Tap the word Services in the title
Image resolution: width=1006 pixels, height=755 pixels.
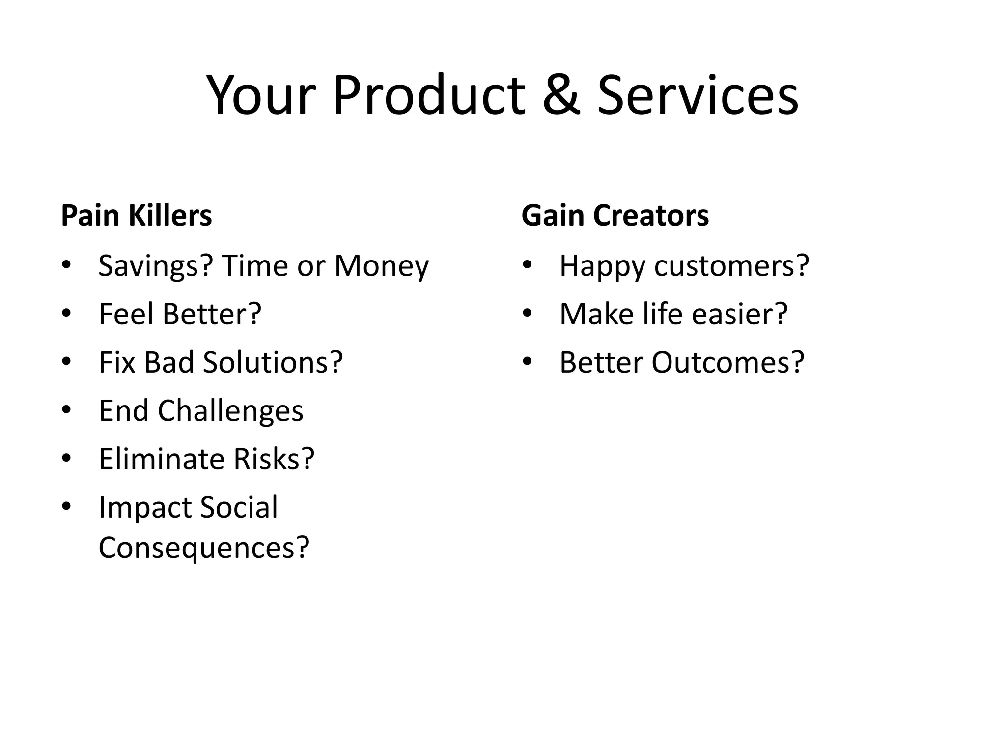(698, 95)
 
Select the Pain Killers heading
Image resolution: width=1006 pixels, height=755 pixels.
(137, 215)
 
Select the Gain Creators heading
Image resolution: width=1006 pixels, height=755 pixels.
(615, 215)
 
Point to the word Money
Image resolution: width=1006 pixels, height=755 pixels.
(382, 266)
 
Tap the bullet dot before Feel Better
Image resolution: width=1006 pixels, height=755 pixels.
(66, 313)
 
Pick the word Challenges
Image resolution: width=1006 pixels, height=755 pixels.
(230, 410)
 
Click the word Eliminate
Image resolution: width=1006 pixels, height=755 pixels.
(162, 459)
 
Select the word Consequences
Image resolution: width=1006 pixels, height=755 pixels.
(203, 547)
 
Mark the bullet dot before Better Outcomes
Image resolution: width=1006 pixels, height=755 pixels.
(527, 361)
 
